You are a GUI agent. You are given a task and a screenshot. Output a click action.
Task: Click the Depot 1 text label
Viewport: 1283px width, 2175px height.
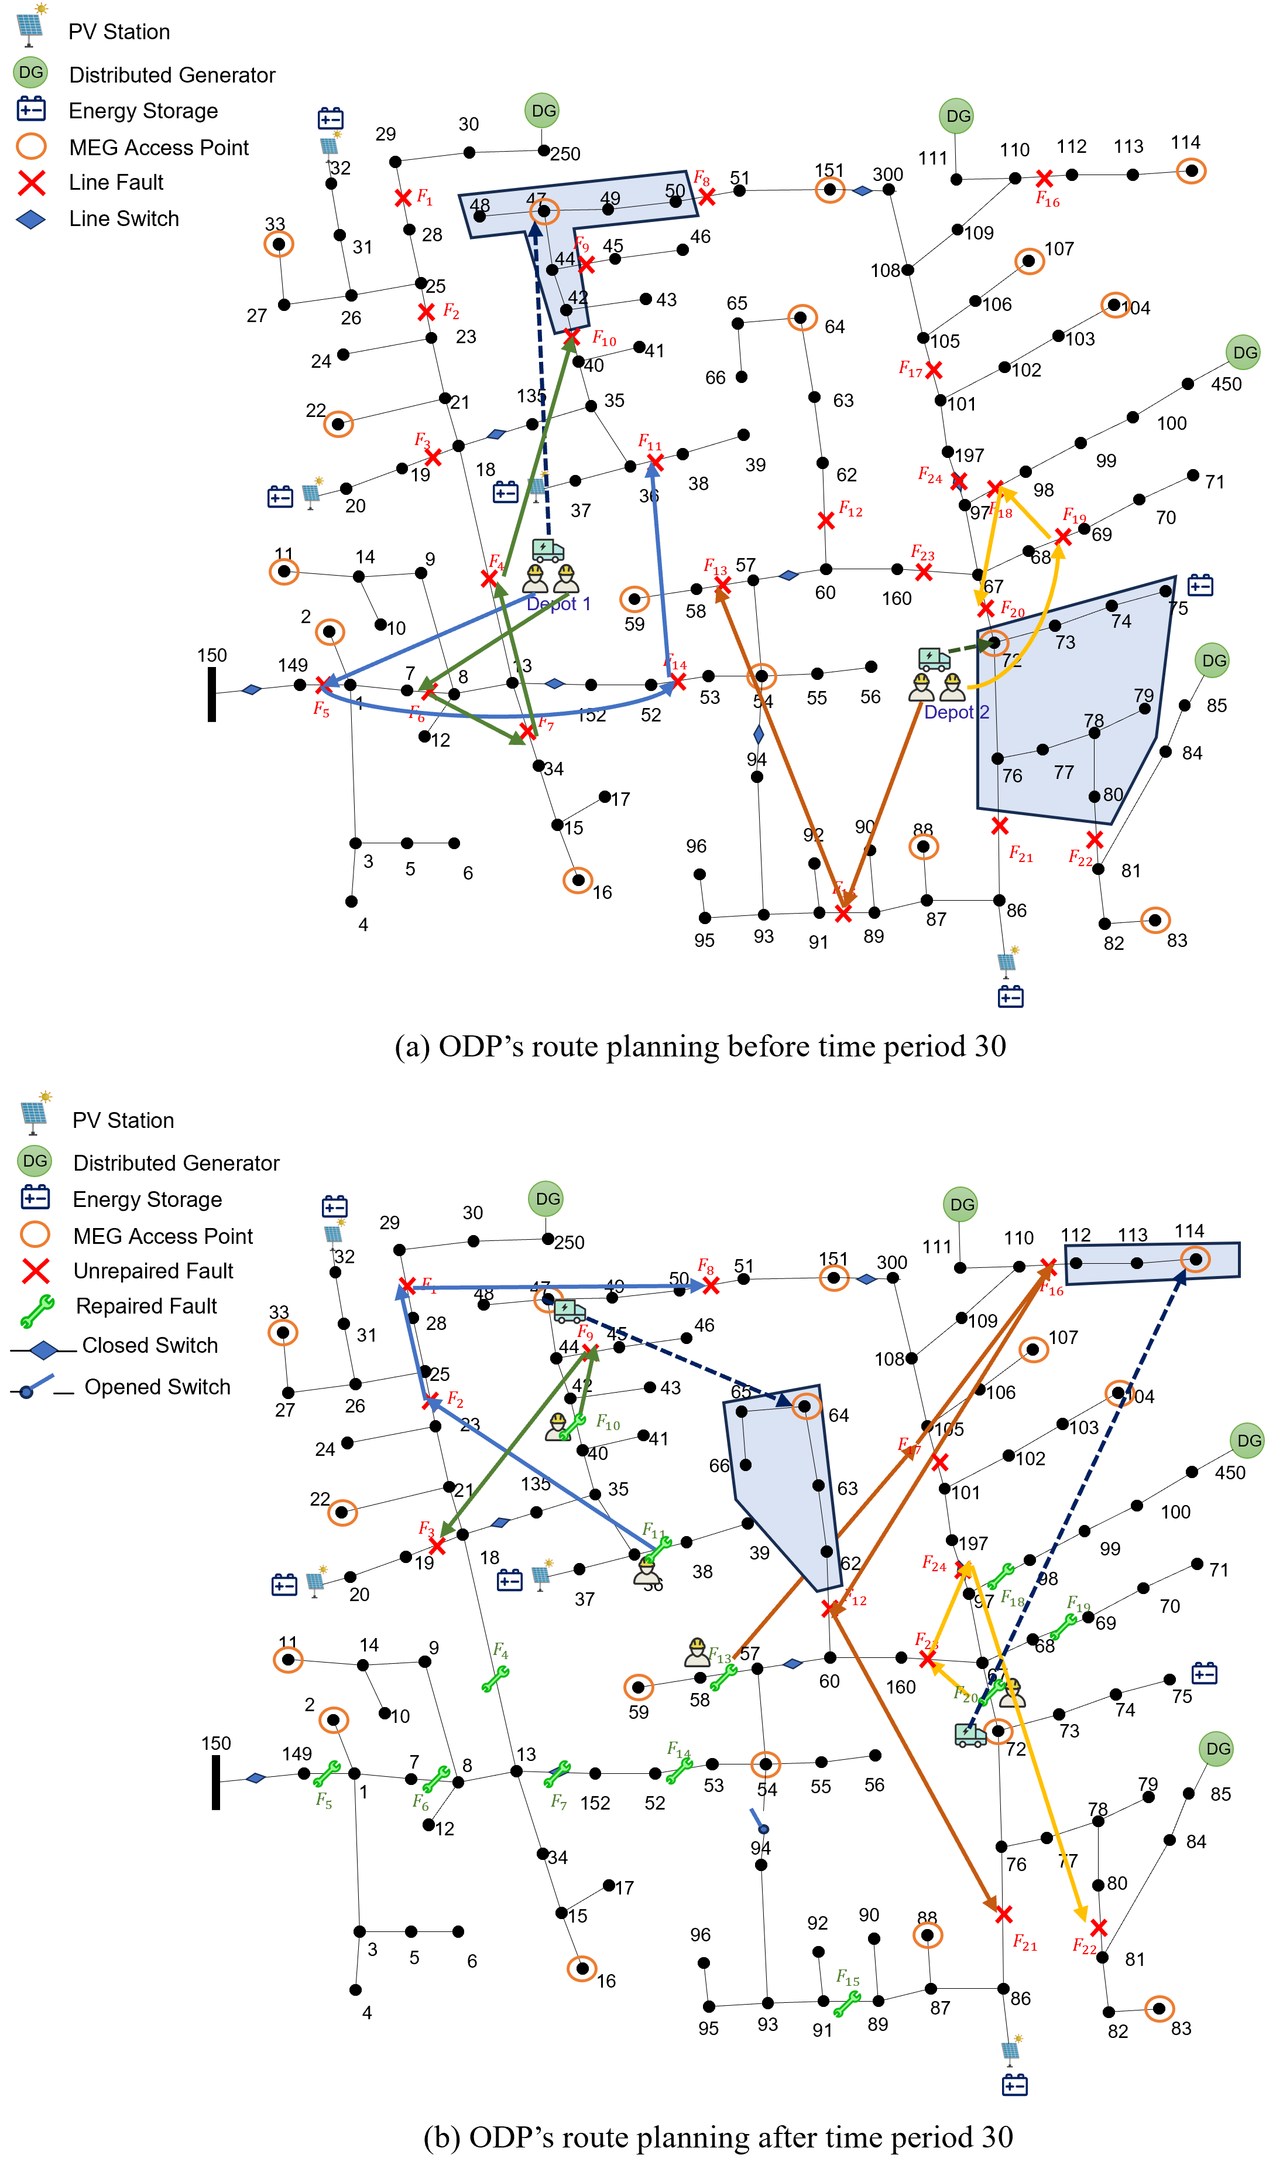558,604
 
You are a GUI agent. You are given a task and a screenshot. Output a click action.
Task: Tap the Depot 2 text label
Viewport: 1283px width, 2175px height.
956,712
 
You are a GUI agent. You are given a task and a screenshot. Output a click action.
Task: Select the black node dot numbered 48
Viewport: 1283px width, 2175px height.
480,216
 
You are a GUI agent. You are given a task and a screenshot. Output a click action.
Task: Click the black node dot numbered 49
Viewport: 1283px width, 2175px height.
608,209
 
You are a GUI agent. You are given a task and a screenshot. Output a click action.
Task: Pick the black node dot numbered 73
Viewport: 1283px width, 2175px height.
1055,625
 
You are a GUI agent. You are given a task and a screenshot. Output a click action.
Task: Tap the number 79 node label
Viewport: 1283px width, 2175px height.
1143,695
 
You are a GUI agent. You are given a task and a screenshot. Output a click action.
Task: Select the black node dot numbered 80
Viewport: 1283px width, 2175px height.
1095,796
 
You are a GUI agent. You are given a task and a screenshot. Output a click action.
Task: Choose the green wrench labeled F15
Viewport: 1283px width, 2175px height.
846,2004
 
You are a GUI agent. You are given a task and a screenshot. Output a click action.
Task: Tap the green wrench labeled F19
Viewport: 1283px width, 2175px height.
1064,1627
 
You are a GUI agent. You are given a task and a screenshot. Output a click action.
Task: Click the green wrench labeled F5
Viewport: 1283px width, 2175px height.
327,1774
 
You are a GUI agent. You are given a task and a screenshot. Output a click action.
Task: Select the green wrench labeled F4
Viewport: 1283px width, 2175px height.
495,1678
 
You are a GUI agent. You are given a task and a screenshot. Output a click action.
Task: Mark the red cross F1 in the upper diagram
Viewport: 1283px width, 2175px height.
403,198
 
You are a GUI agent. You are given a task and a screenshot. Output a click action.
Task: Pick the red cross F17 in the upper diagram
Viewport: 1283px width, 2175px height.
934,370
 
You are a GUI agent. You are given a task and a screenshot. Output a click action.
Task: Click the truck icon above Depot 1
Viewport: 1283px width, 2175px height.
548,549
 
